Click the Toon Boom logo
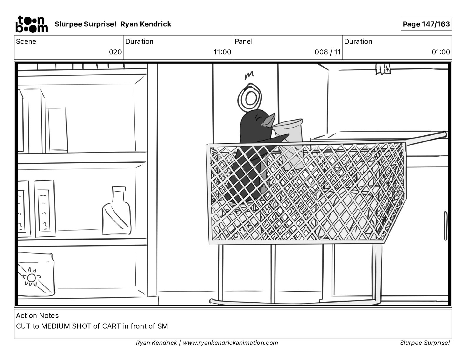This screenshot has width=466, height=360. pos(31,24)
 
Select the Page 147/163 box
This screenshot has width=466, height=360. pos(426,24)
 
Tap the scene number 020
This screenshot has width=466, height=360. pos(115,52)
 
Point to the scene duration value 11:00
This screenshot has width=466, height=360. pos(222,52)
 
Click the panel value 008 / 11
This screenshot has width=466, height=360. pos(327,52)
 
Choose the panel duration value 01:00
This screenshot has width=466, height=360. pos(441,52)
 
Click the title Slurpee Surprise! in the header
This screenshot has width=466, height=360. pos(85,24)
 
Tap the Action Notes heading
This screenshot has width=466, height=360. pos(37,316)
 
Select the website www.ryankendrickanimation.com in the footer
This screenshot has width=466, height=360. pos(230,343)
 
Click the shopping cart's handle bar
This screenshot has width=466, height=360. pos(427,137)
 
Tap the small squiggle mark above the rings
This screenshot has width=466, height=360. pos(249,75)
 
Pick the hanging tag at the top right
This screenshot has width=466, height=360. pos(383,68)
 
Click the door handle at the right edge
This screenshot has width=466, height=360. pos(445,226)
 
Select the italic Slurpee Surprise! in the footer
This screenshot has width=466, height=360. pos(425,343)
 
